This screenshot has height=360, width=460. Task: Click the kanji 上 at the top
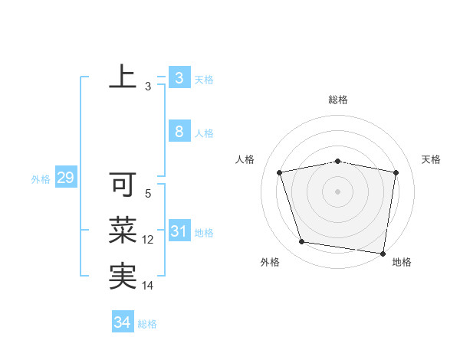(x=123, y=77)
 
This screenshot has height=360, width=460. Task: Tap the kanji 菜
(x=123, y=230)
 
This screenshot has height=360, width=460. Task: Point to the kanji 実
(x=123, y=276)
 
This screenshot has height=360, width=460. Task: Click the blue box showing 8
(x=179, y=131)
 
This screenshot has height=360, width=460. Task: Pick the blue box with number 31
(x=179, y=231)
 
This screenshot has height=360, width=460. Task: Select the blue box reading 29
(x=65, y=178)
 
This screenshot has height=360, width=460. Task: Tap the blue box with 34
(x=122, y=322)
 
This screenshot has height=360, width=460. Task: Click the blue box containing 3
(x=179, y=77)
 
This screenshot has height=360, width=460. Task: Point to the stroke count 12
(x=148, y=240)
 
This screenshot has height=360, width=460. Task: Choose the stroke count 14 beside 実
(x=148, y=286)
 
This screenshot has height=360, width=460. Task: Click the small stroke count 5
(x=148, y=195)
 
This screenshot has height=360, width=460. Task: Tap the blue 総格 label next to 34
(x=147, y=324)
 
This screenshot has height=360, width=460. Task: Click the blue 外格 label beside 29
(x=41, y=179)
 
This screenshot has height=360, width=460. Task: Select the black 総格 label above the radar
(x=338, y=100)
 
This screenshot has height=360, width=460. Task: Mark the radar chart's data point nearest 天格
(x=396, y=172)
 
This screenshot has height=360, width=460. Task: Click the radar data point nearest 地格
(x=383, y=253)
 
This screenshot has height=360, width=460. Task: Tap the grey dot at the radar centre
(x=338, y=191)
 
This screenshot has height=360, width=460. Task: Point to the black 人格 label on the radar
(x=245, y=159)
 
